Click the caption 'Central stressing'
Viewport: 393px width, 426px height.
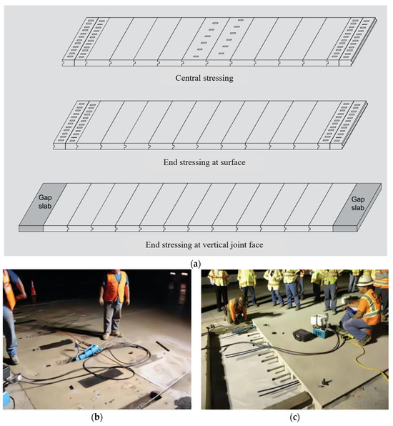click(x=204, y=78)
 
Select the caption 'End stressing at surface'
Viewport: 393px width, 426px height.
click(x=204, y=162)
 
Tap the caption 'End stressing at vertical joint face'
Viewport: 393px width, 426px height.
click(x=204, y=244)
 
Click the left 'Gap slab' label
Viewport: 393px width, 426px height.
click(x=45, y=202)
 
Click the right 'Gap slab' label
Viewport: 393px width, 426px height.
click(x=358, y=204)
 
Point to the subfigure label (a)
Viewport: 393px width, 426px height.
click(x=196, y=264)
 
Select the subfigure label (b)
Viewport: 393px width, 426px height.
click(x=97, y=417)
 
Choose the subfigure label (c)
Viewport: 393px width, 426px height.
click(x=294, y=417)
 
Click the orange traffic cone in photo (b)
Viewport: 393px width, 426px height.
click(x=33, y=288)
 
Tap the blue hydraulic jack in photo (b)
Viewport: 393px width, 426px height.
click(x=87, y=352)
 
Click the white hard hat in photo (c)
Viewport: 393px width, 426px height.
click(x=365, y=281)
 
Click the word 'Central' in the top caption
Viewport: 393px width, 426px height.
click(x=188, y=78)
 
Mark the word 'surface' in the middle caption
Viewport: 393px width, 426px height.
click(x=233, y=162)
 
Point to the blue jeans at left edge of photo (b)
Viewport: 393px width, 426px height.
click(x=10, y=332)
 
